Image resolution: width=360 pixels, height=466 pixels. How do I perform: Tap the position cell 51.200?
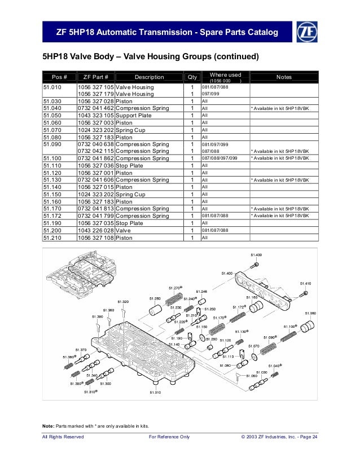(52, 230)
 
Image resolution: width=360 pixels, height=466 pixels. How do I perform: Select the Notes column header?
(284, 77)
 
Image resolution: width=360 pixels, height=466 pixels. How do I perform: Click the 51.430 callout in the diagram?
(256, 255)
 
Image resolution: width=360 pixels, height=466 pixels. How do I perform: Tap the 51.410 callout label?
(305, 283)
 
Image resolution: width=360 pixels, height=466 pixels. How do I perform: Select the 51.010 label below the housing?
(155, 392)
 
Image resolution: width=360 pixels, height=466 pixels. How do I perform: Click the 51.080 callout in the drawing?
(310, 313)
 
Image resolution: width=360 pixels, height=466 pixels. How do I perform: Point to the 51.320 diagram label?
(123, 302)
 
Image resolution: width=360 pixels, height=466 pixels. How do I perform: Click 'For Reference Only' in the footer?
(168, 437)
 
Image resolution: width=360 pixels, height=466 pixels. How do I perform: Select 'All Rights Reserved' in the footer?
(63, 437)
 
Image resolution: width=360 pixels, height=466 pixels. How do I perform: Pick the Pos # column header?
(60, 77)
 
